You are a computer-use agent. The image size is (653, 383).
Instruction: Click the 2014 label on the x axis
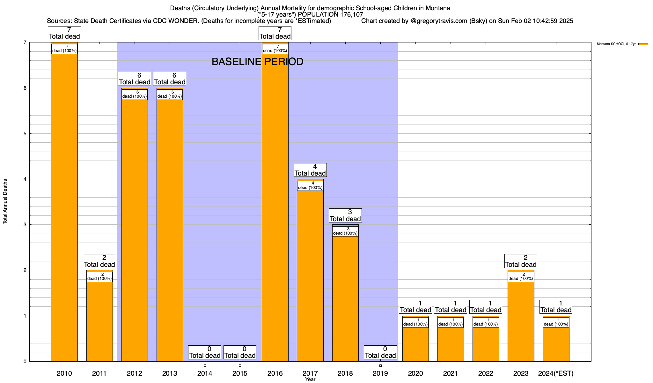coord(205,373)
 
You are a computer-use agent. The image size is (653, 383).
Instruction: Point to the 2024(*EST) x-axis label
coord(556,373)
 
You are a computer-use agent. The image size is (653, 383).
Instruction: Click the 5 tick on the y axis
coord(25,134)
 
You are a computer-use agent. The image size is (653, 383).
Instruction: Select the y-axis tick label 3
coord(25,225)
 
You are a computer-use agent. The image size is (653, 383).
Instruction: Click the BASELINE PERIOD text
coord(257,62)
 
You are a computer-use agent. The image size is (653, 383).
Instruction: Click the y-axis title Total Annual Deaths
coord(5,201)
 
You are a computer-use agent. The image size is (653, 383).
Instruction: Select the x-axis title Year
coord(310,379)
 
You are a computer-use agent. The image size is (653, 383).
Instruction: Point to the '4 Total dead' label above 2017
coord(310,170)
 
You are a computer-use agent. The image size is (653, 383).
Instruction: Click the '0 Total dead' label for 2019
coord(380,352)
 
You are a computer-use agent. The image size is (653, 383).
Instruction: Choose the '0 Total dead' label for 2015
coord(240,352)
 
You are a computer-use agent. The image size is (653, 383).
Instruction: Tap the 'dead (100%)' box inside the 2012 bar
coord(135,94)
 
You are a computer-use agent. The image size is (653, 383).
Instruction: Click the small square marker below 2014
coord(205,366)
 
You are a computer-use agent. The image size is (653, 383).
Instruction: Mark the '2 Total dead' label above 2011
coord(99,261)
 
